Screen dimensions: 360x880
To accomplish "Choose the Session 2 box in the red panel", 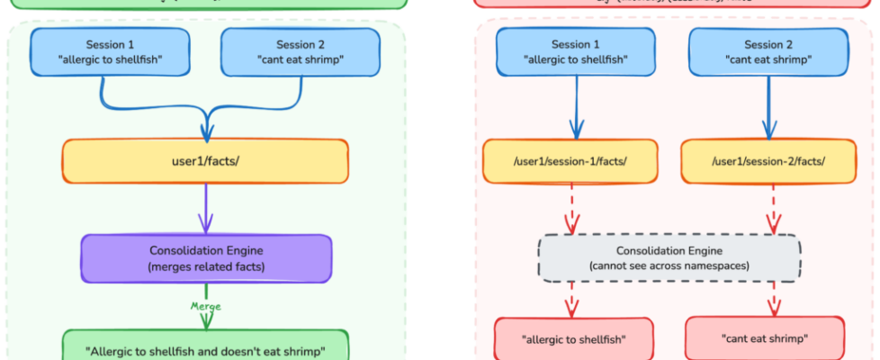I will click(x=768, y=52).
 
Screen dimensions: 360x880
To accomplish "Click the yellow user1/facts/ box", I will click(x=205, y=161).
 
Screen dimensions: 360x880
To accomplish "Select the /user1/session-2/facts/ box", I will click(x=768, y=161).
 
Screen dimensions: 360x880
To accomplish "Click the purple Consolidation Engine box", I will click(x=206, y=258).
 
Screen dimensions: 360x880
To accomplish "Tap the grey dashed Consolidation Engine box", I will click(x=669, y=258).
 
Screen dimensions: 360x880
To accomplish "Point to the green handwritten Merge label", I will click(x=206, y=306).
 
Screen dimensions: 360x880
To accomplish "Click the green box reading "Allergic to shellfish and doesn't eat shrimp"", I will click(x=205, y=348).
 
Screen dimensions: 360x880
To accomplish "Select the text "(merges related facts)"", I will click(x=206, y=267).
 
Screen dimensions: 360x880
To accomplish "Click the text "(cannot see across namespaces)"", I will click(x=669, y=267).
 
